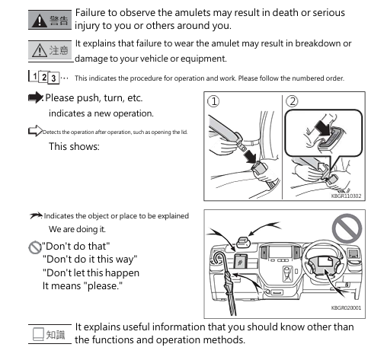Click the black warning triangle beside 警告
tap(40, 21)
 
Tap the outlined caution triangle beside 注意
tap(40, 50)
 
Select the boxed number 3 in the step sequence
tap(53, 78)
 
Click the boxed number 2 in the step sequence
tap(43, 77)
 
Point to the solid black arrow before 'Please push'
tap(35, 97)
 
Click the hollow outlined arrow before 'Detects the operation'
tap(35, 131)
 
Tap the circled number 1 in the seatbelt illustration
tap(213, 101)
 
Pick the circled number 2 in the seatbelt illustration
tap(292, 101)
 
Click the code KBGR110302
tap(346, 196)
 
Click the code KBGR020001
tap(346, 307)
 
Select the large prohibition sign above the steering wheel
tap(347, 228)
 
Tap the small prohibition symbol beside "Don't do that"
tap(35, 247)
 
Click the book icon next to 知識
tap(38, 334)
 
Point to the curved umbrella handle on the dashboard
tap(218, 258)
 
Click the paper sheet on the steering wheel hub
tap(325, 261)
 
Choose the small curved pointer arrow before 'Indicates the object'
tap(36, 215)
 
